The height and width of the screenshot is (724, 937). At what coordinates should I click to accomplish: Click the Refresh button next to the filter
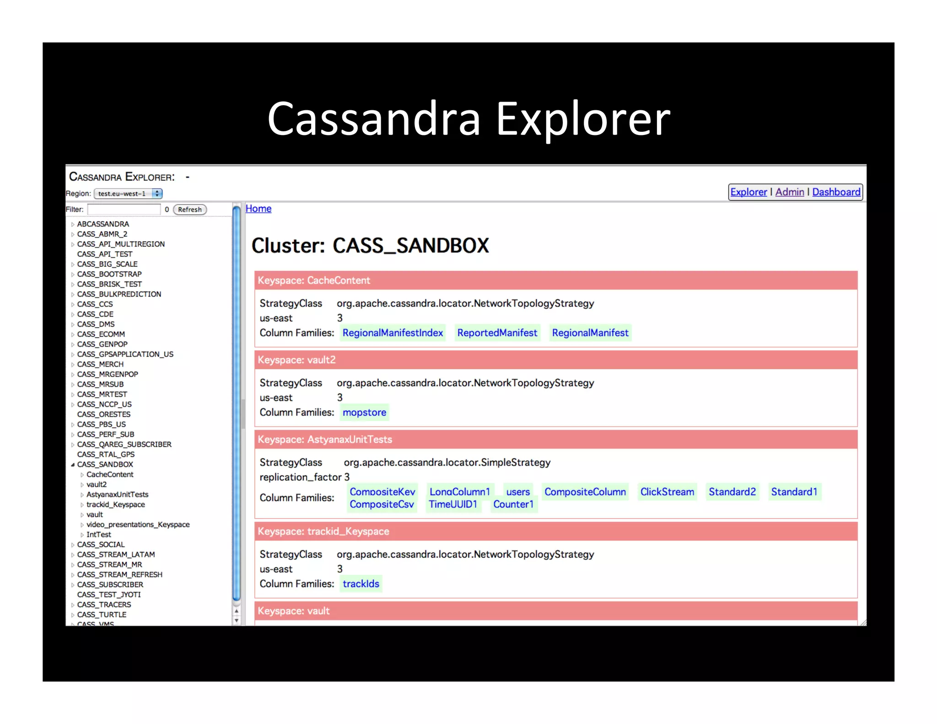click(190, 210)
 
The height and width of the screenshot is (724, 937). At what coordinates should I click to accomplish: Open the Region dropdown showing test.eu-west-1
click(128, 194)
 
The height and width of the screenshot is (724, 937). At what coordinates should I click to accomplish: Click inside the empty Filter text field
click(124, 210)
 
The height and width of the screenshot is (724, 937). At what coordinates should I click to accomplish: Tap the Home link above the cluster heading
click(258, 209)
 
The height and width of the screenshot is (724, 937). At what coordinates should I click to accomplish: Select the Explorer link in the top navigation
click(749, 192)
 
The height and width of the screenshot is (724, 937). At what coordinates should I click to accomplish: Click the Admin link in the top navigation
click(790, 192)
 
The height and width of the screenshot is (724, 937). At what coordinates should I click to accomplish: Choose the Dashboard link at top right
click(836, 192)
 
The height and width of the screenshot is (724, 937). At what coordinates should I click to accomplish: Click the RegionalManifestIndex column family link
click(393, 333)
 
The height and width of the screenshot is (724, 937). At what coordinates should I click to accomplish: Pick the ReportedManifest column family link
click(497, 333)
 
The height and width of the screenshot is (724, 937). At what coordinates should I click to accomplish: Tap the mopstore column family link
click(364, 412)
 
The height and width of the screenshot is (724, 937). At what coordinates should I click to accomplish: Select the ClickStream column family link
click(667, 492)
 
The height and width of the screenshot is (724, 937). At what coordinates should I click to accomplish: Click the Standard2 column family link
click(732, 492)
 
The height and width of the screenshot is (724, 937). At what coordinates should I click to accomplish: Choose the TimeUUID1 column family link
click(453, 504)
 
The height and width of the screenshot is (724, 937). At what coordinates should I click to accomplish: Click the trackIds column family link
click(361, 584)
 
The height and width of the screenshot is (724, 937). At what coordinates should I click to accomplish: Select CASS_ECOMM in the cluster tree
click(101, 335)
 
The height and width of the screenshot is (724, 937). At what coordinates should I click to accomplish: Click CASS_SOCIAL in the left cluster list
click(101, 545)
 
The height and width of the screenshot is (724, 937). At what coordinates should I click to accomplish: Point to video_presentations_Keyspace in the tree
click(138, 524)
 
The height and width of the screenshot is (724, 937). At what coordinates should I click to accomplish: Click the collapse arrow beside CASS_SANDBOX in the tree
click(73, 465)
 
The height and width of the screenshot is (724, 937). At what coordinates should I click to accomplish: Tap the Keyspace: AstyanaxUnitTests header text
click(325, 440)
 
